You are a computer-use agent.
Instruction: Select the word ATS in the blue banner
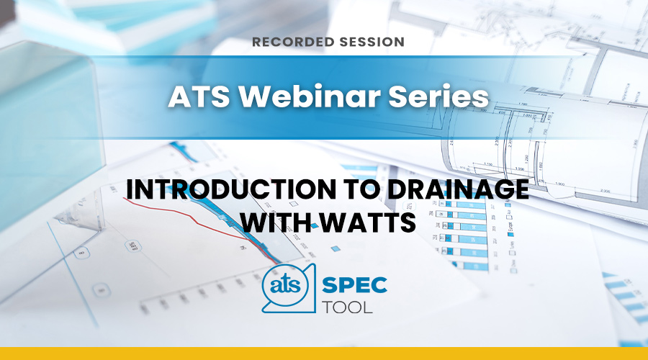point(199,96)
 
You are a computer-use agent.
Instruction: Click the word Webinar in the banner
point(309,96)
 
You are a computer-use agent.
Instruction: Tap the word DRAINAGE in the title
point(457,189)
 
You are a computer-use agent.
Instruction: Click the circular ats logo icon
point(286,286)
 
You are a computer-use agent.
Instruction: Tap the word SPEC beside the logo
point(354,285)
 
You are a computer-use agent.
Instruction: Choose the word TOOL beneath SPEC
point(347,307)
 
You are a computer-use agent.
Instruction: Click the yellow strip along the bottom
point(324,354)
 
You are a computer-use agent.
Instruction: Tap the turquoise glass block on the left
point(50,132)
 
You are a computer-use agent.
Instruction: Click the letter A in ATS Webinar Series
point(179,96)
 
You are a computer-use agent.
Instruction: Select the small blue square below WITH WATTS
point(336,249)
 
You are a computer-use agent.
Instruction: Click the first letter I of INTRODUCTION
point(130,189)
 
